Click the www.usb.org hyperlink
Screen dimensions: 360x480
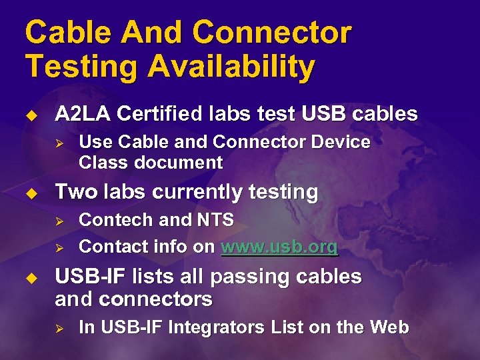click(279, 247)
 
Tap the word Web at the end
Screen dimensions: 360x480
click(389, 327)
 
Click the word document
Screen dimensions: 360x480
click(178, 162)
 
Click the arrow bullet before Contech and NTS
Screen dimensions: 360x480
click(58, 220)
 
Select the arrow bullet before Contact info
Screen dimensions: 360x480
click(58, 247)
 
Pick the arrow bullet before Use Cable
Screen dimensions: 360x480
click(58, 142)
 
